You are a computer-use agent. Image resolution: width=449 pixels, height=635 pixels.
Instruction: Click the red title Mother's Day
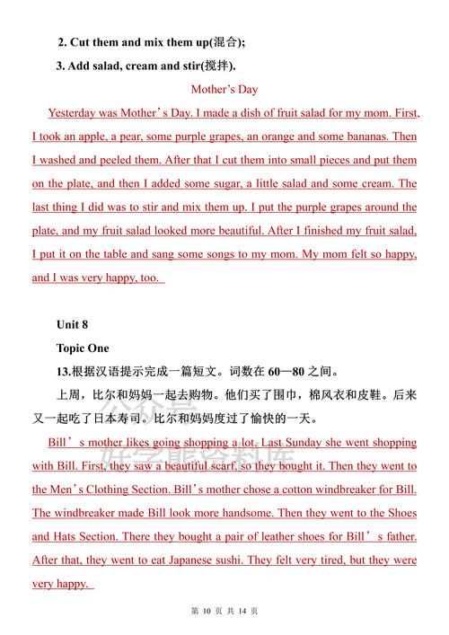point(224,89)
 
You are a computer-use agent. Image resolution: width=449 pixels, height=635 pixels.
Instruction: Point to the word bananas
point(368,137)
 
